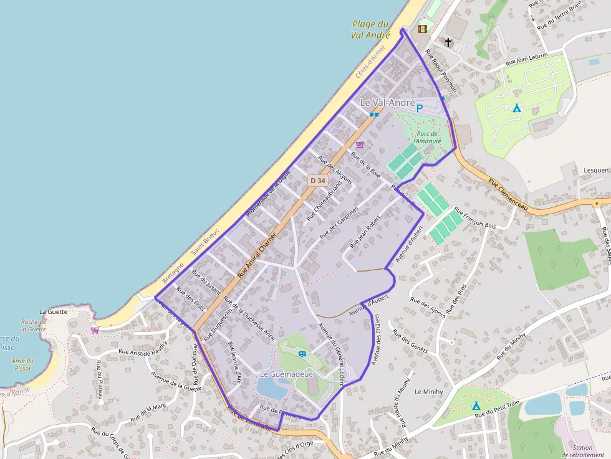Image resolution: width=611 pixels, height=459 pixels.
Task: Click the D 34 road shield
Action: pyautogui.click(x=318, y=181)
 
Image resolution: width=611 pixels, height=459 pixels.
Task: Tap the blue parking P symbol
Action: pyautogui.click(x=420, y=108)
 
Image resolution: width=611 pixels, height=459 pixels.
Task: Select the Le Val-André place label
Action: pyautogui.click(x=387, y=103)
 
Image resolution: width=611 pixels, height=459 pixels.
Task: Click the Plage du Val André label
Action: pyautogui.click(x=371, y=30)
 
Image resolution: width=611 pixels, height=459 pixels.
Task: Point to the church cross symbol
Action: pyautogui.click(x=448, y=42)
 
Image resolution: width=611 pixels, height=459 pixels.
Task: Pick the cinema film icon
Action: pyautogui.click(x=423, y=28)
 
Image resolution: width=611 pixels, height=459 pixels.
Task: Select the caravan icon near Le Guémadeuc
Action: pyautogui.click(x=302, y=354)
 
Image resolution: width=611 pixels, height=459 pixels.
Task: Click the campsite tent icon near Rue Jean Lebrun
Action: pyautogui.click(x=516, y=108)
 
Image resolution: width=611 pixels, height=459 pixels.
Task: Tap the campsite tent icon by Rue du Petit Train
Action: pyautogui.click(x=476, y=405)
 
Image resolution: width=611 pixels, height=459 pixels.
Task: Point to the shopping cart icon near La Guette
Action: pyautogui.click(x=95, y=329)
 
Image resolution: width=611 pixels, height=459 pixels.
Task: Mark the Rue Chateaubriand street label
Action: pyautogui.click(x=324, y=202)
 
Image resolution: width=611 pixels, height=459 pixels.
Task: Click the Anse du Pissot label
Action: pyautogui.click(x=22, y=364)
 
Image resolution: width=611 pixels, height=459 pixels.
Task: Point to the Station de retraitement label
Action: pyautogui.click(x=582, y=452)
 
